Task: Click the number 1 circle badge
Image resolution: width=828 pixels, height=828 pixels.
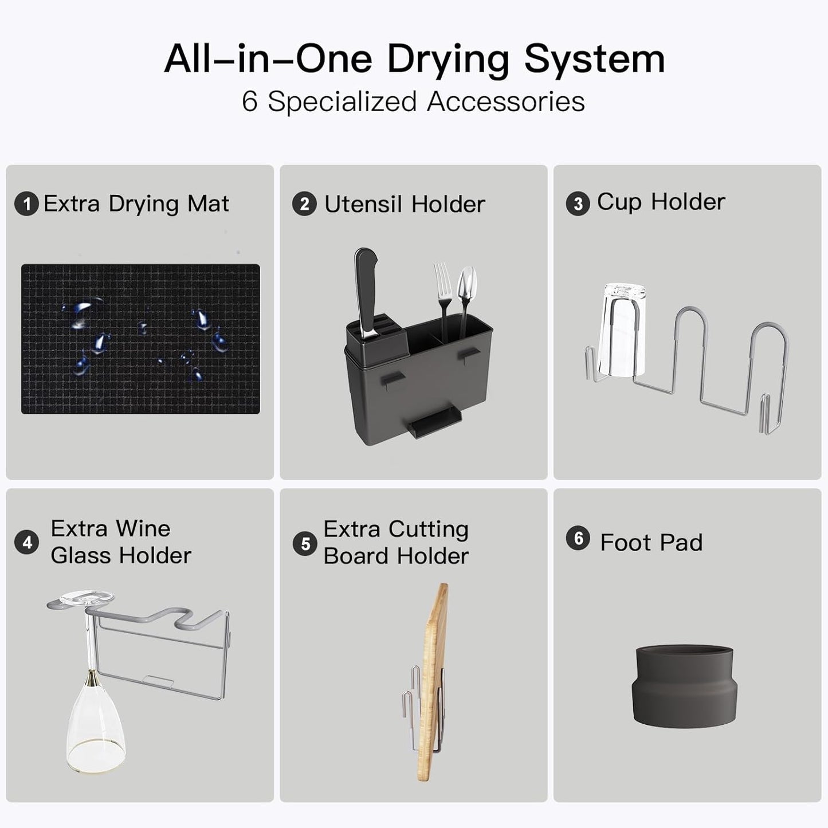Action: (26, 203)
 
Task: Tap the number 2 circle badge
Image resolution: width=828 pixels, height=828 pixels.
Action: (304, 203)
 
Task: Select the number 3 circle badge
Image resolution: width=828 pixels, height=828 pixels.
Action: (578, 203)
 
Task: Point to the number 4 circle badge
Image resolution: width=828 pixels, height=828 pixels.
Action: (26, 542)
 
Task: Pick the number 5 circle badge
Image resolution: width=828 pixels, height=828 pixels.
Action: (305, 544)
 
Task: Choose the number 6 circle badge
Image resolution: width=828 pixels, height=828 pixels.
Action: (578, 538)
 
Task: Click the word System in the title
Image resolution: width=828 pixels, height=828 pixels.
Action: (594, 60)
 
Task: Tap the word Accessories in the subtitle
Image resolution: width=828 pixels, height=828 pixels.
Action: (506, 102)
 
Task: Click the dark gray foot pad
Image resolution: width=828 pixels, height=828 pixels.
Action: (684, 686)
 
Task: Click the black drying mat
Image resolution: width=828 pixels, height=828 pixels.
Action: (140, 339)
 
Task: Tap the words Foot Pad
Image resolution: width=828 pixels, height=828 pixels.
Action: (651, 542)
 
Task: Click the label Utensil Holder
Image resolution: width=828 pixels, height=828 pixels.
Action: (405, 204)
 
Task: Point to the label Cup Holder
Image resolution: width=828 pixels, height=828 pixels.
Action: (661, 202)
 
